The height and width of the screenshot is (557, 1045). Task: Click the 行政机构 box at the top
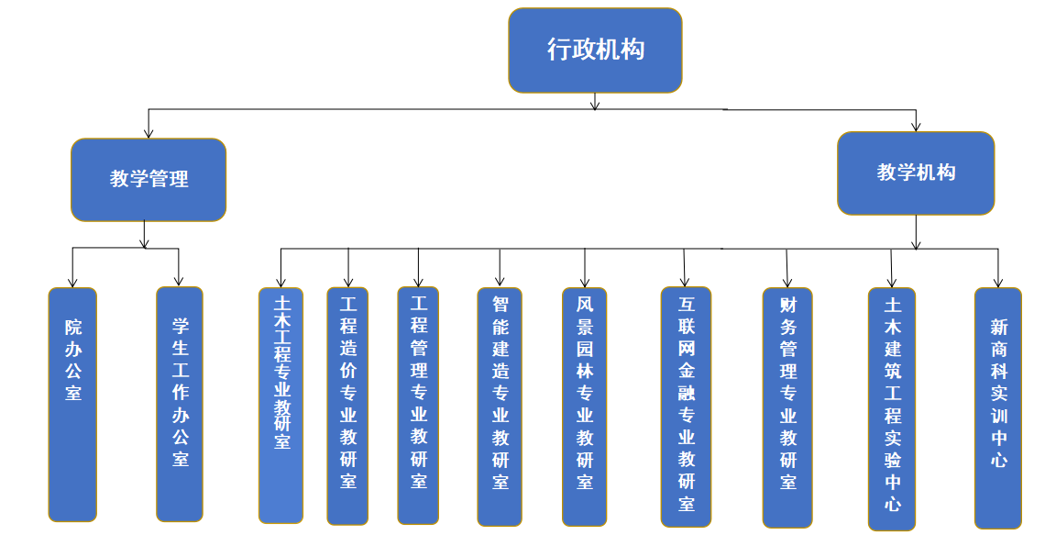point(595,50)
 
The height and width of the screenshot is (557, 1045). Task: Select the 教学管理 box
point(148,180)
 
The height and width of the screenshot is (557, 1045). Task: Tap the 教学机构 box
point(916,173)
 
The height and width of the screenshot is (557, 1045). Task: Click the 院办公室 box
point(72,404)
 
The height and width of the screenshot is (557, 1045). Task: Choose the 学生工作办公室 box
point(180,404)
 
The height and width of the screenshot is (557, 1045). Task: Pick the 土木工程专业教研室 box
point(280,405)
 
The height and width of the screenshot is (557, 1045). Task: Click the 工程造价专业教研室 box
point(347,405)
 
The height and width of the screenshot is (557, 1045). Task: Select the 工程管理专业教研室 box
point(418,405)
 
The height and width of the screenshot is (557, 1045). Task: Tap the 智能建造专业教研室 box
point(500,406)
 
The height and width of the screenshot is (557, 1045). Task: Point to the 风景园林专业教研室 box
point(584,406)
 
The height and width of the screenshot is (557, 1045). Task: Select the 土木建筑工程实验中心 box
point(892,408)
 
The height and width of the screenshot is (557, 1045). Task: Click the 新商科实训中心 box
point(998,407)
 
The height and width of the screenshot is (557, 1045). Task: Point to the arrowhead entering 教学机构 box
point(916,126)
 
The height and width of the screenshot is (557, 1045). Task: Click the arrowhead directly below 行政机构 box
point(595,105)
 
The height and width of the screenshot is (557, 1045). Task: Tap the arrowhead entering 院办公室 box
point(71,281)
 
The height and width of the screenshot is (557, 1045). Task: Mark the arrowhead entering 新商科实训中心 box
point(998,282)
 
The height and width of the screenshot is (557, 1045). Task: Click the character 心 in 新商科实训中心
point(998,459)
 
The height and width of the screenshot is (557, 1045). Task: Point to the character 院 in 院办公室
point(73,327)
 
